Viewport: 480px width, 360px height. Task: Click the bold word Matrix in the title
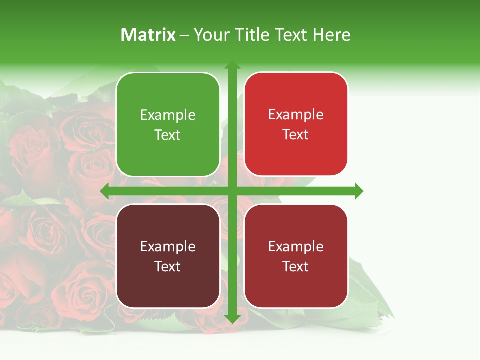[148, 35]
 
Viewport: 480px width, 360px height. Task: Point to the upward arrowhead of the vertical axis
[232, 65]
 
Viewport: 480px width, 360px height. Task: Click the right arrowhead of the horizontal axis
[358, 191]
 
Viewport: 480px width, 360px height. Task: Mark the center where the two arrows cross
[232, 191]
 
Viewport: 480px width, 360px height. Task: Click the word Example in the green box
[168, 115]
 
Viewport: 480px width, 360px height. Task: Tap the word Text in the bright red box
[296, 135]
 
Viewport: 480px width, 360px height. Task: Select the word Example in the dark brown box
[168, 247]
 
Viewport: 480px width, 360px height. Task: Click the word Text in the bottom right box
[296, 267]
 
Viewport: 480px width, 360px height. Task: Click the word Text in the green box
[168, 135]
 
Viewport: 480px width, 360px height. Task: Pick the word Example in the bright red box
[296, 115]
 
